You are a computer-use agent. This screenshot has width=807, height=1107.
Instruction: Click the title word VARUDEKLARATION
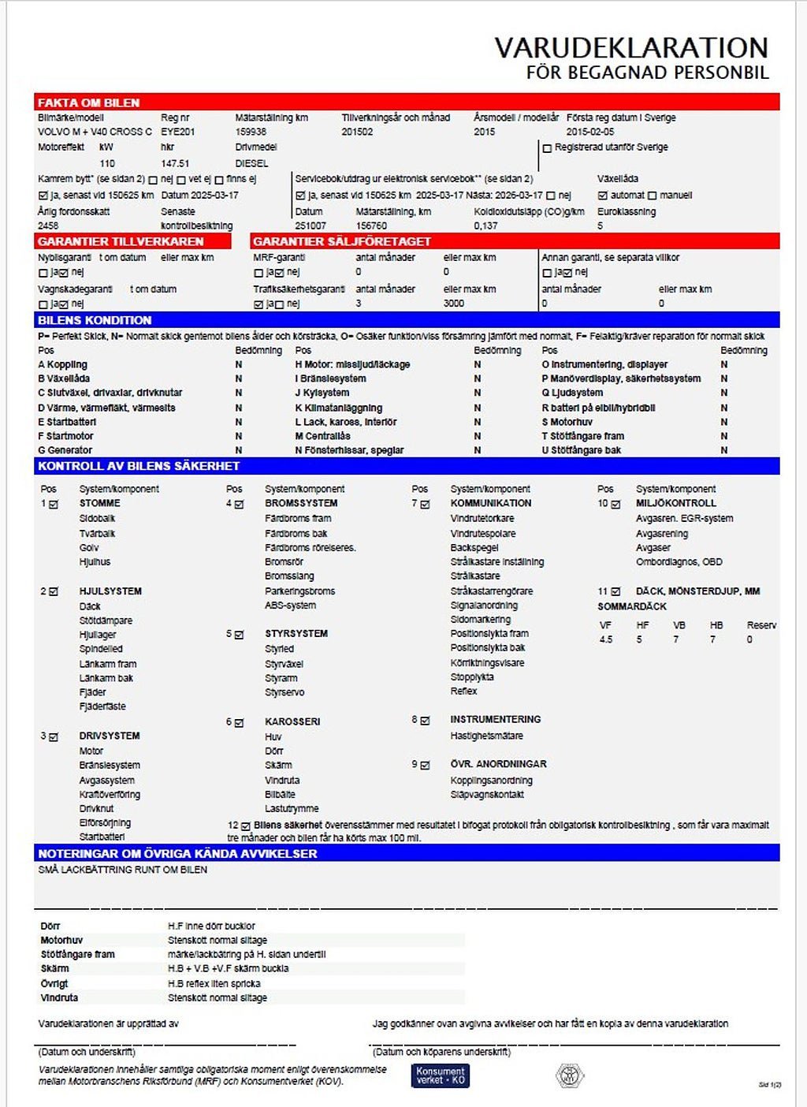[x=630, y=48]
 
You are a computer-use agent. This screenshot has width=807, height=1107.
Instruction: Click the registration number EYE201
[x=177, y=132]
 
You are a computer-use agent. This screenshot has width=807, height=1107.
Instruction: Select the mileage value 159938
[x=251, y=132]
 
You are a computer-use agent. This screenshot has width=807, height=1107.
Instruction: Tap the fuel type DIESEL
[x=251, y=163]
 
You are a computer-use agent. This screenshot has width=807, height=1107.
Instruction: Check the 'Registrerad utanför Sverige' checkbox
[x=547, y=148]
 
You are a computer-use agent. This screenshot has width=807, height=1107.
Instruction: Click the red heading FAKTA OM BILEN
[x=88, y=102]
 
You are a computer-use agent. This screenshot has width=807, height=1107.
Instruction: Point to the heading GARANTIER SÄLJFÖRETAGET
[x=342, y=241]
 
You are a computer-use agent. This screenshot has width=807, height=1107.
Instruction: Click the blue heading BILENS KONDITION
[x=95, y=320]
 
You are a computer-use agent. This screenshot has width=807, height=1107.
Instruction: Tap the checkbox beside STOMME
[x=54, y=505]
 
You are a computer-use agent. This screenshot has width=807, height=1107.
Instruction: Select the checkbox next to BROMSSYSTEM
[x=240, y=505]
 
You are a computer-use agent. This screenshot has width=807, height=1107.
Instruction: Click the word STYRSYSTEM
[x=296, y=633]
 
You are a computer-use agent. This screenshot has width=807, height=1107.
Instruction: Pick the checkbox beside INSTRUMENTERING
[x=426, y=720]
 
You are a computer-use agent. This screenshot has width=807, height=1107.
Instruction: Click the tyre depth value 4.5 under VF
[x=605, y=639]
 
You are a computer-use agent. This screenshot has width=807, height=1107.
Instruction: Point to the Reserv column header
[x=761, y=625]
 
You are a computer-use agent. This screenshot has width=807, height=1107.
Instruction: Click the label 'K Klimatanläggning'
[x=339, y=408]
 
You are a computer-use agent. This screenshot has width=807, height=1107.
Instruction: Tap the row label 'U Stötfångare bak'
[x=582, y=450]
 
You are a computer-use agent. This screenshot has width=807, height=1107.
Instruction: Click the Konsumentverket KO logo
[x=441, y=1075]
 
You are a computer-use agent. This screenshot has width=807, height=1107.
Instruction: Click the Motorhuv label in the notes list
[x=61, y=940]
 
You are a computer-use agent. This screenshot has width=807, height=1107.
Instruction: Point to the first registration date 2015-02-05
[x=589, y=132]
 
